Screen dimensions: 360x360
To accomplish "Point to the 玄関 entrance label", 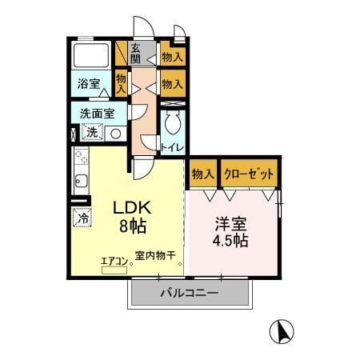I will (136, 54).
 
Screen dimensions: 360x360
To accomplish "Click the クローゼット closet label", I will (250, 174).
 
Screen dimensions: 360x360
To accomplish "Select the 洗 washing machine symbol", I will (92, 133).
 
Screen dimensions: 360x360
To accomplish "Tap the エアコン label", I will (112, 259).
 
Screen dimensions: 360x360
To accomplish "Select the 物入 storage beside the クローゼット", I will (202, 174).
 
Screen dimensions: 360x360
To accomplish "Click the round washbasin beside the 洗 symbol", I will (115, 134).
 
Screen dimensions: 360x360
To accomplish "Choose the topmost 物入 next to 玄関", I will (170, 56).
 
